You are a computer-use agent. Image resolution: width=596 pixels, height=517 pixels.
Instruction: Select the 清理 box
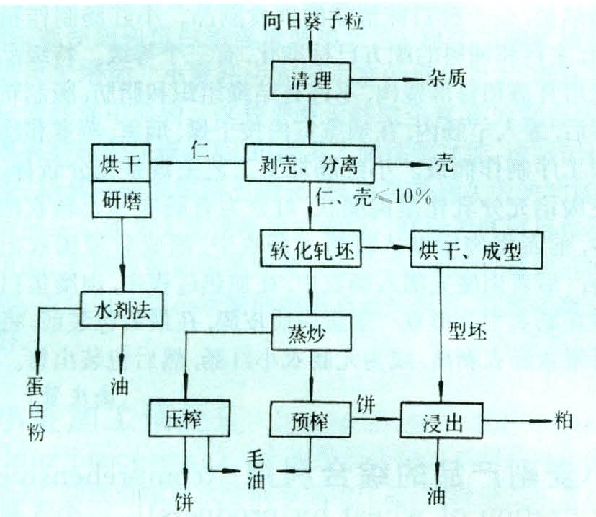[x=310, y=79]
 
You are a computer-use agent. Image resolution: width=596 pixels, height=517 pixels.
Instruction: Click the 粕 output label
[x=564, y=419]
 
